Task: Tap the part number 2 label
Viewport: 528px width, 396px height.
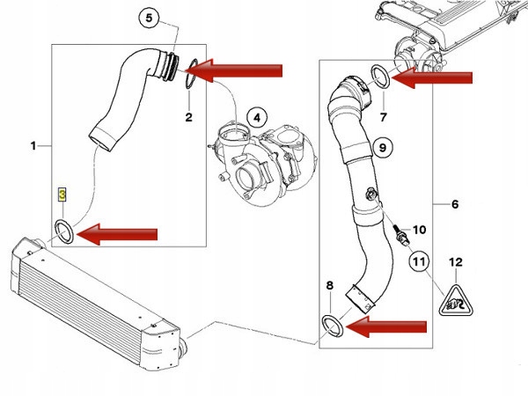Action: pos(187,116)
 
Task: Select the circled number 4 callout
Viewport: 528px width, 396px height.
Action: pos(256,116)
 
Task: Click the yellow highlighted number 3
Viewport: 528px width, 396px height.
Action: pos(62,193)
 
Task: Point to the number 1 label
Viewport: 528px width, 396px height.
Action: pos(33,144)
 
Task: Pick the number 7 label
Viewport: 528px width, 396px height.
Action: pos(384,115)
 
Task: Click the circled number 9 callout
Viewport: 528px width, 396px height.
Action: pos(381,147)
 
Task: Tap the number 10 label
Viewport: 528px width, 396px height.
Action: pos(419,230)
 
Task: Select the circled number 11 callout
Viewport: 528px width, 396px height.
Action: pos(420,261)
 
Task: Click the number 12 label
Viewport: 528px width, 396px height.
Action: pos(455,261)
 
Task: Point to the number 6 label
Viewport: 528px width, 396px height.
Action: pos(455,205)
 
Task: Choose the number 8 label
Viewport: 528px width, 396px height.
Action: pos(330,285)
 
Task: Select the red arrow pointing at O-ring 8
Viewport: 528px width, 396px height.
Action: pos(385,326)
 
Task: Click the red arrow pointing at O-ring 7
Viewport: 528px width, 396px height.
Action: pos(433,77)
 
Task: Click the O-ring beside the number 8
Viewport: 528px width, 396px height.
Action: pos(332,324)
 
